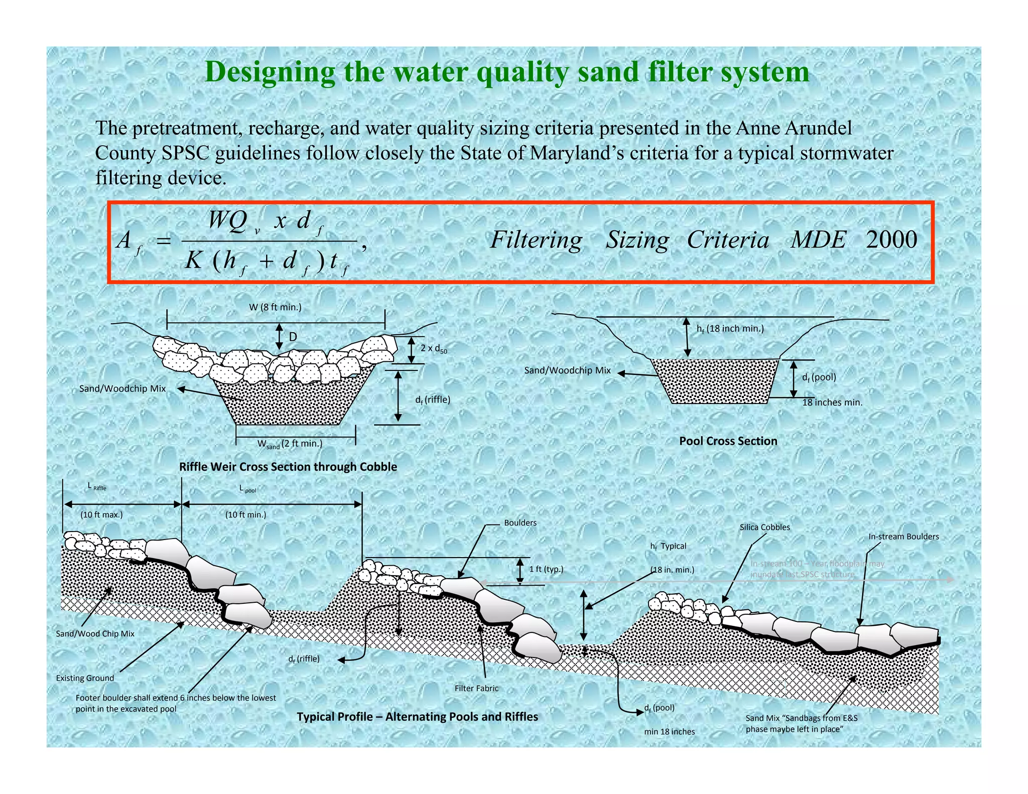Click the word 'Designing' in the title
click(270, 72)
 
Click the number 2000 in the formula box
click(891, 239)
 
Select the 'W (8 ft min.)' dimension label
click(275, 307)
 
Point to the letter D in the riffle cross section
click(293, 336)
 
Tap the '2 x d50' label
click(433, 348)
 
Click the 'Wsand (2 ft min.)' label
click(290, 444)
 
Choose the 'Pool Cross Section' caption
click(728, 441)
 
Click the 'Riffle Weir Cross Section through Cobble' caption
click(288, 467)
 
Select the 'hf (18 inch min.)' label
click(730, 329)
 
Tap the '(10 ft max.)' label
click(101, 514)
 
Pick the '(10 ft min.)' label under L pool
click(245, 514)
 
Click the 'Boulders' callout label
click(520, 522)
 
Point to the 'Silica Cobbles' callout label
click(764, 527)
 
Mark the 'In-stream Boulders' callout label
click(904, 537)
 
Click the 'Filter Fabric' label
click(476, 688)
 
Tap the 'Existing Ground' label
click(85, 678)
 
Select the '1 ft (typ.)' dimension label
click(546, 569)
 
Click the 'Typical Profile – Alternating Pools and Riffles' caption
click(417, 717)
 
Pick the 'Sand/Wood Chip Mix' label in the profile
click(95, 633)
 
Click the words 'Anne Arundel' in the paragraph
click(794, 128)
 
